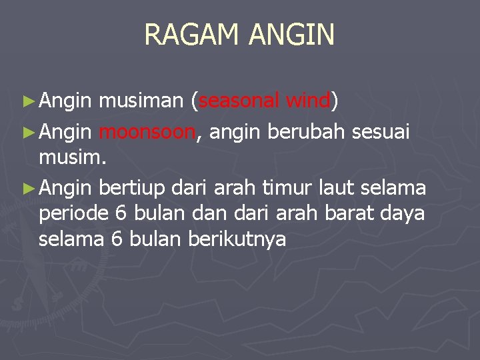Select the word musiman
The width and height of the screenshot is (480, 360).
point(140,101)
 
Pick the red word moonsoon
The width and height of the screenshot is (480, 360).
point(147,133)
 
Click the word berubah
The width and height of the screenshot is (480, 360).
point(306,133)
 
